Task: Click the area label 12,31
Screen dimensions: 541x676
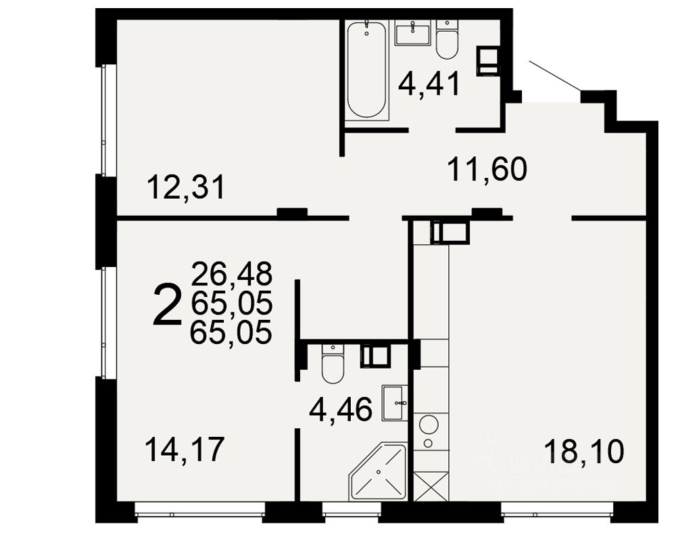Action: pyautogui.click(x=185, y=187)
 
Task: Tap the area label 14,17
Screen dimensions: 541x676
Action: pyautogui.click(x=184, y=450)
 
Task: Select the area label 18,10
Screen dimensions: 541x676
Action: pyautogui.click(x=583, y=451)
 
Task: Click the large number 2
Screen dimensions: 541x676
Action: pyautogui.click(x=168, y=305)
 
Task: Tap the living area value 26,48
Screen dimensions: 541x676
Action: pyautogui.click(x=231, y=275)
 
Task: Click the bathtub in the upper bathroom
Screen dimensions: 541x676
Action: pyautogui.click(x=366, y=70)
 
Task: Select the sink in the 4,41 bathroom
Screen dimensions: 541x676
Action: pyautogui.click(x=412, y=33)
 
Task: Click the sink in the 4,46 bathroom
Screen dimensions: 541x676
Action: pyautogui.click(x=395, y=403)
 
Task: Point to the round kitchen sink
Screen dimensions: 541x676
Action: pyautogui.click(x=429, y=425)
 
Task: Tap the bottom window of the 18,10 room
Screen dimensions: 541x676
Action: pyautogui.click(x=557, y=512)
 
